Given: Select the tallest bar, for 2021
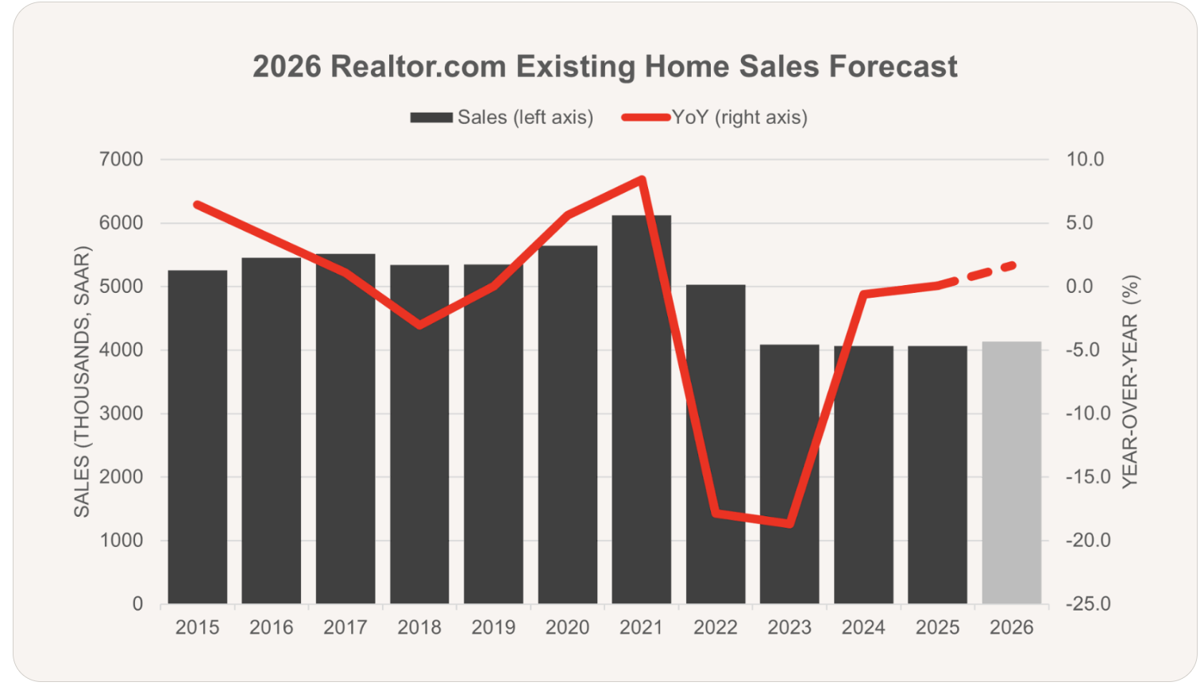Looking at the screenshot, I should point(641,413).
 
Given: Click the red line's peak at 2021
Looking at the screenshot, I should point(642,179).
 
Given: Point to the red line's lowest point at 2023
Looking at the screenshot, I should point(789,523).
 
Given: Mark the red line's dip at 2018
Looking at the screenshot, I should point(419,325).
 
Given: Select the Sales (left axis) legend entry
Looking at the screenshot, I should point(501,118).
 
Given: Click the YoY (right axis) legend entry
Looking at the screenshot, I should point(715,118).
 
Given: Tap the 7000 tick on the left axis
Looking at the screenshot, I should point(122,160).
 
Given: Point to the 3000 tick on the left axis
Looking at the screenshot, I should point(122,414).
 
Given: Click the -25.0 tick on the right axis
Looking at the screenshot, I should point(1087,604).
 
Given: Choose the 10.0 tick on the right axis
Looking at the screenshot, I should point(1085,160).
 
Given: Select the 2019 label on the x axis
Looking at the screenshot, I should point(493,627).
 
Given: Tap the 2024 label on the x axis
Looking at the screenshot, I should point(863,627).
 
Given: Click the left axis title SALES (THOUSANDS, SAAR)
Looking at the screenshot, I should point(82,382).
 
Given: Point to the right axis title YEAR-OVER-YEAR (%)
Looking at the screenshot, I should point(1130,382).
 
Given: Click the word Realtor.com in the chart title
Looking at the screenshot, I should point(419,67).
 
